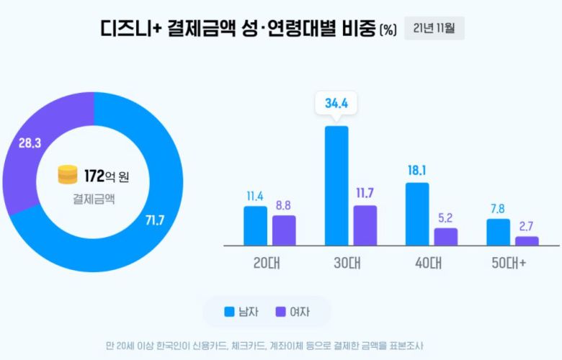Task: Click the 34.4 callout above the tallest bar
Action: coord(336,104)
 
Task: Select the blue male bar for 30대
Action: coord(336,186)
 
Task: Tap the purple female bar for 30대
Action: coord(365,225)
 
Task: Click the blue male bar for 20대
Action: coord(255,225)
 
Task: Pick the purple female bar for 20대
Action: coord(284,230)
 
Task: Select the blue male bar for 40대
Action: coord(417,214)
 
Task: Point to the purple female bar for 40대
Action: coord(446,237)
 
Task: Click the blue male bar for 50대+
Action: coord(498,232)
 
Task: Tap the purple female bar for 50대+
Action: coord(527,241)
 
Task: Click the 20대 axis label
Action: coord(269,263)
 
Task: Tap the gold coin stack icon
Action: coord(68,175)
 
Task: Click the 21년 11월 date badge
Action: coord(434,29)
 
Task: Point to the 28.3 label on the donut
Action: coord(30,143)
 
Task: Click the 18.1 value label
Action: coord(417,171)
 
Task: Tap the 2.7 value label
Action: coord(527,225)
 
